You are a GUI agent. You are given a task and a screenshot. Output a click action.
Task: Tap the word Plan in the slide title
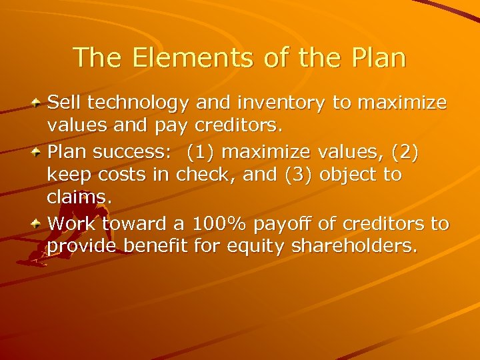coord(375,58)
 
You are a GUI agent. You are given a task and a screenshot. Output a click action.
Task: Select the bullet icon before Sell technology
coord(39,103)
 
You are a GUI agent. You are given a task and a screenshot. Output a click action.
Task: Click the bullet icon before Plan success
coord(39,151)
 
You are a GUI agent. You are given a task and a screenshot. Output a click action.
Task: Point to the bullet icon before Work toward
coord(39,223)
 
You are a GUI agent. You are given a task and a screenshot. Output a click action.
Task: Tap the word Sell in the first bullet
coord(63,103)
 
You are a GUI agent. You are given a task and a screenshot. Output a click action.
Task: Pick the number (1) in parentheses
coord(201,151)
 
